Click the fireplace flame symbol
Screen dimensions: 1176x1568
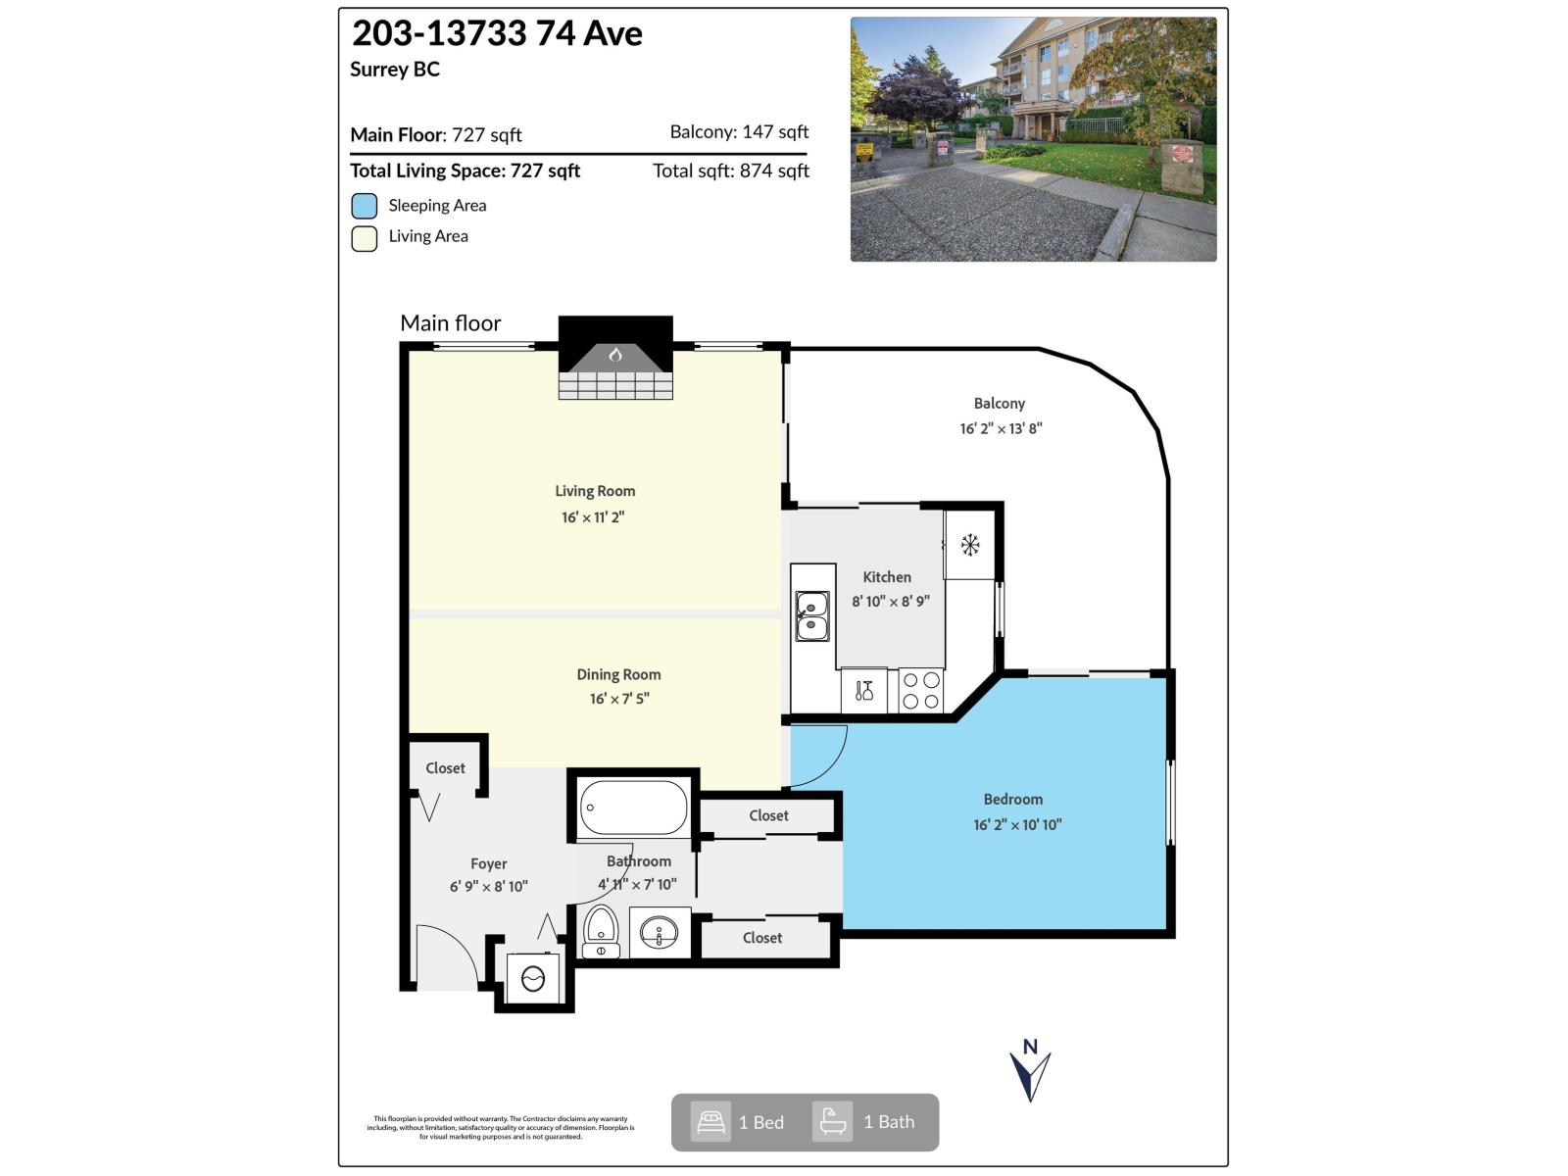[615, 355]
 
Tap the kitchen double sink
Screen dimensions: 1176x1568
[811, 615]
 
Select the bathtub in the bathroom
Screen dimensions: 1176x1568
[633, 808]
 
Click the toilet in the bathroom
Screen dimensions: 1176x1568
[601, 930]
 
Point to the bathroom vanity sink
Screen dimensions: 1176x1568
[660, 932]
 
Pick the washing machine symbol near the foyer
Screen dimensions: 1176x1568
[533, 978]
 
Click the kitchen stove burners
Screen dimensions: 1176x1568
[921, 690]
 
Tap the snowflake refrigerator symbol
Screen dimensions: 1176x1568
[970, 545]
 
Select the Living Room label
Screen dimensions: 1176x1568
[595, 491]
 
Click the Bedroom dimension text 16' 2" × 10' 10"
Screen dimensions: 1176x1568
[1017, 825]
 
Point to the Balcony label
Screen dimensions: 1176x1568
[999, 403]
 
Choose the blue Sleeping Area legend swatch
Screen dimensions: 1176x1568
[365, 206]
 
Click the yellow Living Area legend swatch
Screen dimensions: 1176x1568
[365, 238]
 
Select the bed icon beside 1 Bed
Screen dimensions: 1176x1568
[710, 1122]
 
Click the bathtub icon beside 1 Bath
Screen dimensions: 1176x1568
[833, 1122]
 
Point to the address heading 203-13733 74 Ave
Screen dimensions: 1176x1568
[497, 33]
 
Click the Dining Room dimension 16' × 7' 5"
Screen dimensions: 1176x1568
[619, 699]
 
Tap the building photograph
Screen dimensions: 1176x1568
[1033, 139]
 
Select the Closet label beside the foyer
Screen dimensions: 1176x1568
[445, 768]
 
